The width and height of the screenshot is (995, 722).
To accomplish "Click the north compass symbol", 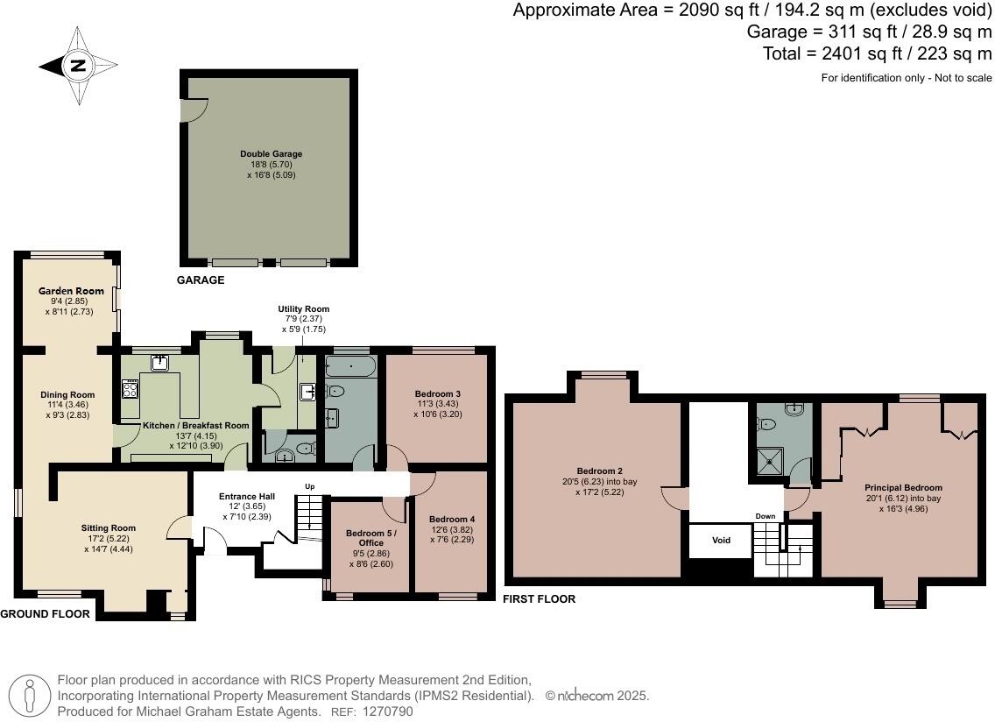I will tap(78, 65).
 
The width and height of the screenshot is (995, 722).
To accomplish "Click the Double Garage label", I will tap(272, 154).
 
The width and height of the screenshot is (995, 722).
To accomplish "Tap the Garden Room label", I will tap(71, 291).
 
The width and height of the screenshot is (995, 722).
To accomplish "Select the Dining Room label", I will tap(67, 394).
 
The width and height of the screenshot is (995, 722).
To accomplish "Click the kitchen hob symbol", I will tap(131, 389).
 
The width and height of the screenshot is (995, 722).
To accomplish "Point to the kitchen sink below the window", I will tap(160, 363).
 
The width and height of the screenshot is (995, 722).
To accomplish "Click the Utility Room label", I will tap(304, 309).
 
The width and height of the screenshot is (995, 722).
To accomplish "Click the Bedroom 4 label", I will tap(451, 519).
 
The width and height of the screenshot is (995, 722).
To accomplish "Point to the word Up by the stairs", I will tap(309, 486).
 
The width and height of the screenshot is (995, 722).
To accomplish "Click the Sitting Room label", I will tap(108, 527).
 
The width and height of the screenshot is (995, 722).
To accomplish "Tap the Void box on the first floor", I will tap(721, 541).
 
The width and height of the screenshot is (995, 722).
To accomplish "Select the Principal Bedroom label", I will tap(903, 488).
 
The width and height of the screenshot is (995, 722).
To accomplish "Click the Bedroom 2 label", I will tap(599, 471).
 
